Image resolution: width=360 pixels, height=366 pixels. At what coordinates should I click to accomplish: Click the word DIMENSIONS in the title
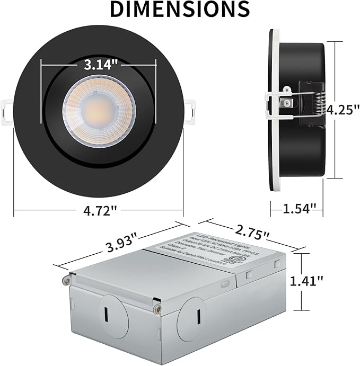180,9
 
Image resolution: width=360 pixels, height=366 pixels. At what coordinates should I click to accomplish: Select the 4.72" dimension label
99,211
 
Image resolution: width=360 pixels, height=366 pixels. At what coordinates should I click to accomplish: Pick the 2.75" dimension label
251,231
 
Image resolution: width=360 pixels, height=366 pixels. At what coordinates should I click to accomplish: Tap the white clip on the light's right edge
189,108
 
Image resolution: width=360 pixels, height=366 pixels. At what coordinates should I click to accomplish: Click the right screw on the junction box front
157,308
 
